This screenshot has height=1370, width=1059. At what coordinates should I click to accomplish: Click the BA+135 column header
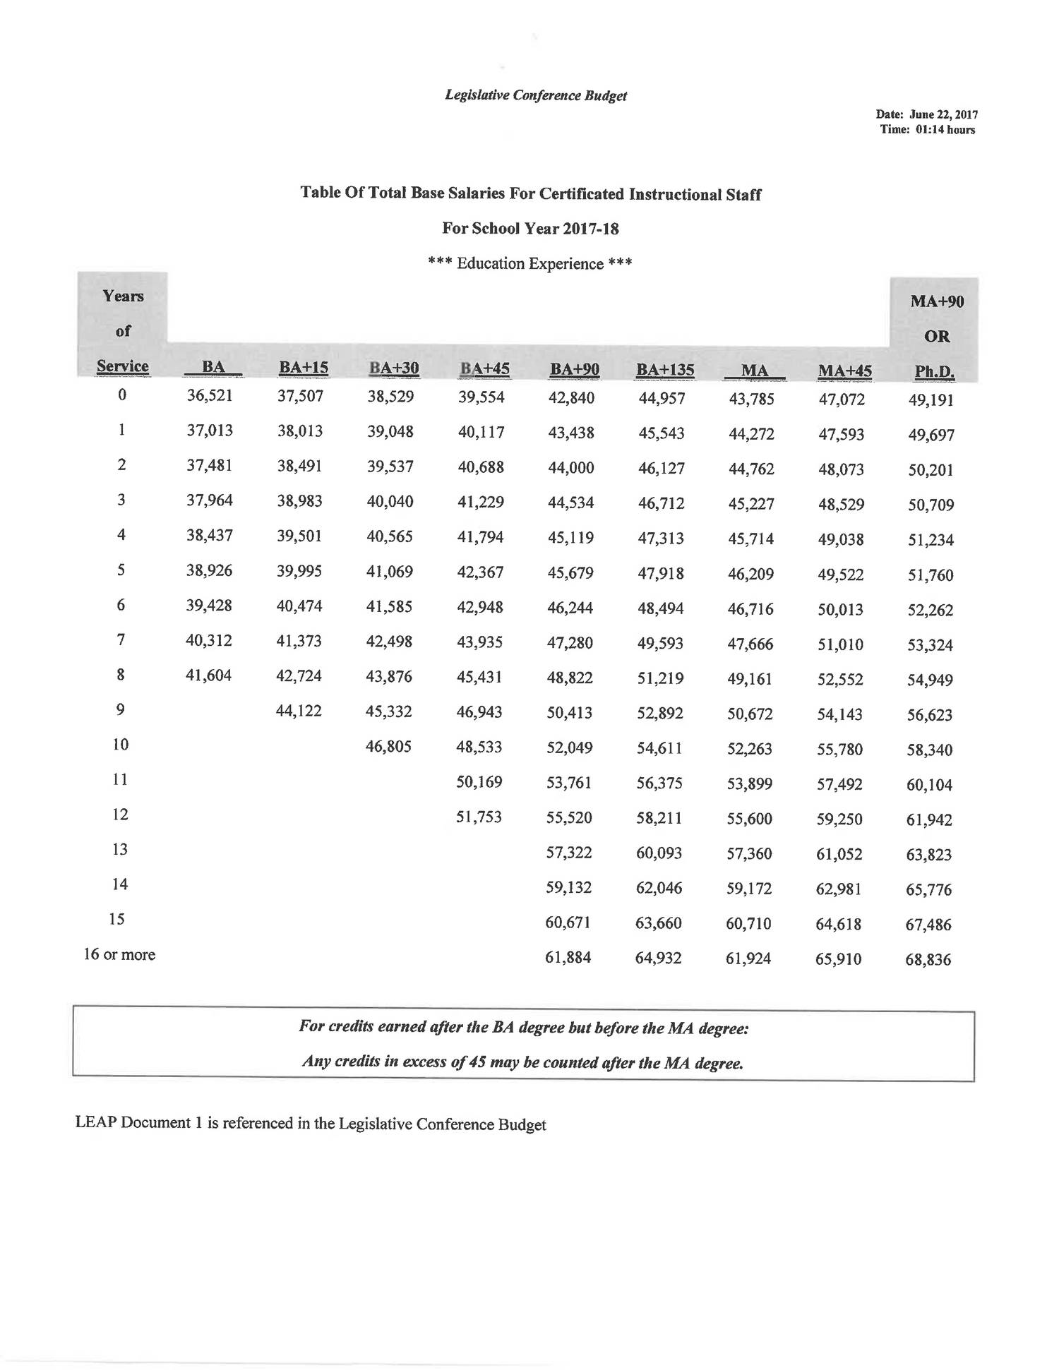coord(664,369)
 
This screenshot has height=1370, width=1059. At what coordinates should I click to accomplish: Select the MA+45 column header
coord(844,371)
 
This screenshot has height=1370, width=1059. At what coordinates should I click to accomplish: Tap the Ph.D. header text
coord(934,371)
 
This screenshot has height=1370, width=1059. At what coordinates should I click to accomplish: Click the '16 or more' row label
coord(119,954)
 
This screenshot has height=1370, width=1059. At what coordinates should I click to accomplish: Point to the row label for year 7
coord(121,639)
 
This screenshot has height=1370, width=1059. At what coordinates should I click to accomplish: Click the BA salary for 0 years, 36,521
coord(210,395)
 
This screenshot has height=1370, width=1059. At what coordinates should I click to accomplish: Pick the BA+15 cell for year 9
coord(299,711)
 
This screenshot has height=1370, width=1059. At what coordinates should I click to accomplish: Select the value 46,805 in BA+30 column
coord(388,746)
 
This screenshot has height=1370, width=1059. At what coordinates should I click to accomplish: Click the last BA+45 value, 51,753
coord(479,817)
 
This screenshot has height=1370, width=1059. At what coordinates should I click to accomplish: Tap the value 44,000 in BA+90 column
coord(570,467)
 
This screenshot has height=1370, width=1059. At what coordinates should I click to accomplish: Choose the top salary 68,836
coord(928,959)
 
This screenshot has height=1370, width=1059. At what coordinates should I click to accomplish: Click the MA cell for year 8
coord(750,678)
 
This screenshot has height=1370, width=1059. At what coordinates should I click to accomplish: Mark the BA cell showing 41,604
coord(208,675)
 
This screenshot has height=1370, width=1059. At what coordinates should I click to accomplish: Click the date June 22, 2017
coord(943,114)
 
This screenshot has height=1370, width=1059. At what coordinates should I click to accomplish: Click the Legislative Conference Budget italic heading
coord(535,95)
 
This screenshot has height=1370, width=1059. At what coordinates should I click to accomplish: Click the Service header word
coord(123,366)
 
